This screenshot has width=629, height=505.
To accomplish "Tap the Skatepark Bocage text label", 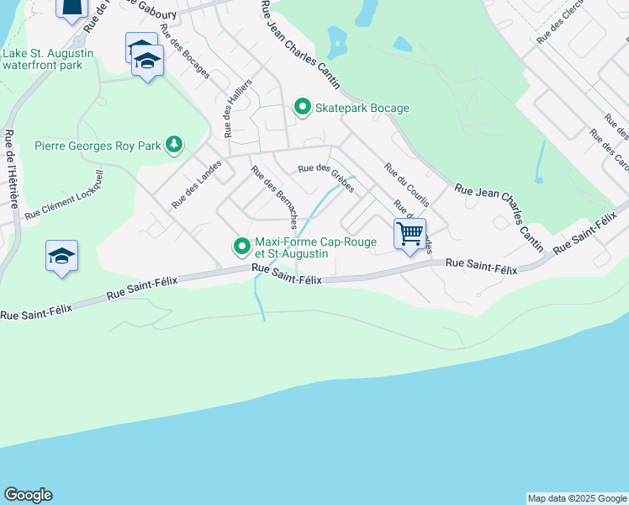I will pos(362,108).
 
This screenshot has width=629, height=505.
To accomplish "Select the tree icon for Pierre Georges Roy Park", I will pos(174,145).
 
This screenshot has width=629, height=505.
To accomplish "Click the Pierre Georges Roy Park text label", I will pos(98,146).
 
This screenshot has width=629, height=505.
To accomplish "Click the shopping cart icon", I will pos(410,233).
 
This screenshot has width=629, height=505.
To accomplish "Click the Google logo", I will pos(28,495).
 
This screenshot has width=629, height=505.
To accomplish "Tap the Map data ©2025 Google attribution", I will pos(577,498).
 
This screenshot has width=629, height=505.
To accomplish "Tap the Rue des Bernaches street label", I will pos(274,196).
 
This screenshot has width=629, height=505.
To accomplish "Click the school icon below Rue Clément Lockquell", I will pos(62,256).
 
